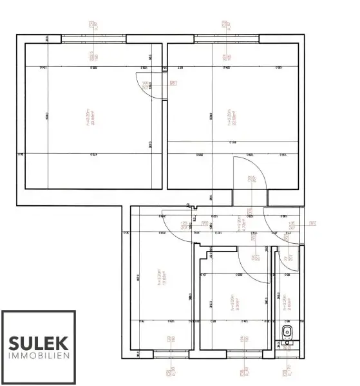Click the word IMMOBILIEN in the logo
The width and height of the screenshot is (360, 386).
click(x=38, y=355)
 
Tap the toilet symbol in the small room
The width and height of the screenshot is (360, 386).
click(x=287, y=333)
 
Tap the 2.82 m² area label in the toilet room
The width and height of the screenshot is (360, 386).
click(x=288, y=299)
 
